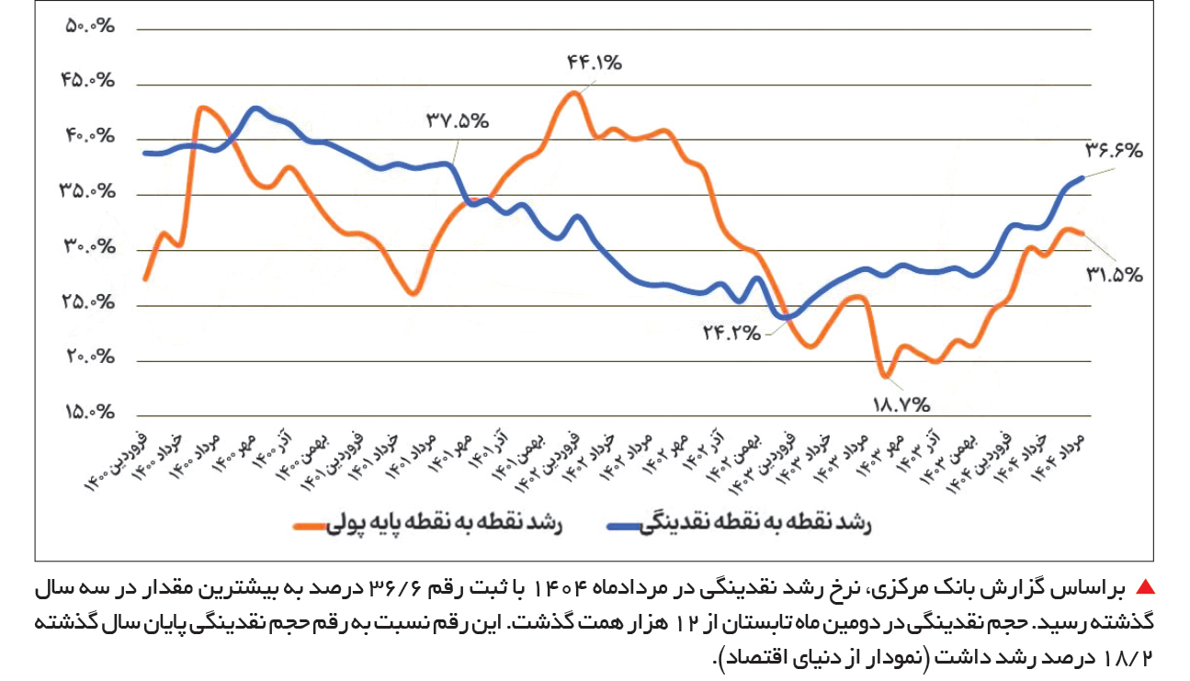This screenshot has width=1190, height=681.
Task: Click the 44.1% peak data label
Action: coord(595,63)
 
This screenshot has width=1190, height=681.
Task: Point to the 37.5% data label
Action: coord(457,120)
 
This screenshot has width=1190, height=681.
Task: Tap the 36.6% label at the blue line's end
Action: coord(1115,149)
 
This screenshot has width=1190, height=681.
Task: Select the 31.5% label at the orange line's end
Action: coord(1114,274)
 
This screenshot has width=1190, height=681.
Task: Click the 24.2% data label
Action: coord(731,333)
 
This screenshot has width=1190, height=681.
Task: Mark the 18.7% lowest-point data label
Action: coord(901,403)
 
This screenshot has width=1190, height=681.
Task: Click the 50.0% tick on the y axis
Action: coord(89,26)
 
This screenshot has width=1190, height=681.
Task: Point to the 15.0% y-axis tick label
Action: coord(89,412)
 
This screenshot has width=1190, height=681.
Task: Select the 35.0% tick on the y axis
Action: coord(89,192)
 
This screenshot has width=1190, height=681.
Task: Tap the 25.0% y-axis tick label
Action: coord(89,302)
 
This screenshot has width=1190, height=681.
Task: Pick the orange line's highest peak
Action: coord(574,92)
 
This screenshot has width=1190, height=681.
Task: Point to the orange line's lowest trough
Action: coord(885,375)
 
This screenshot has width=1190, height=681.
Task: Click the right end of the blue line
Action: coord(1083,177)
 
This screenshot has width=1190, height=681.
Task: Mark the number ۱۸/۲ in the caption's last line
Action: coord(1133,658)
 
